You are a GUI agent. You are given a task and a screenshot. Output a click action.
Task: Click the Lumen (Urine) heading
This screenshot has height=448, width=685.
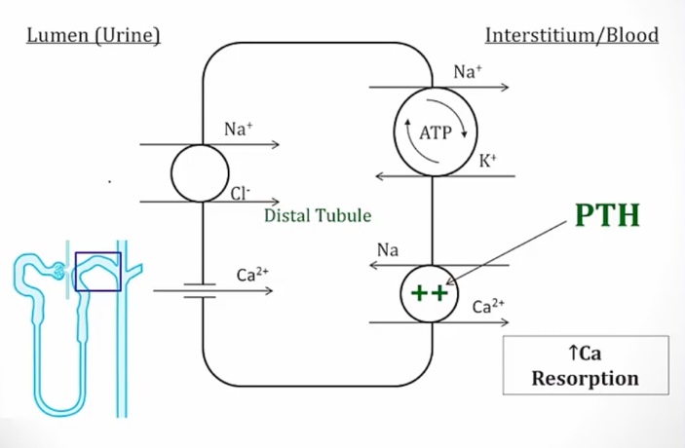click(x=93, y=36)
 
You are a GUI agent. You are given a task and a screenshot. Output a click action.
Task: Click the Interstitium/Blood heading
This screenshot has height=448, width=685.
click(x=571, y=36)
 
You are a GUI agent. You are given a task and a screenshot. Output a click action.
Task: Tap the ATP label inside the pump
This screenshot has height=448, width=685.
click(x=435, y=133)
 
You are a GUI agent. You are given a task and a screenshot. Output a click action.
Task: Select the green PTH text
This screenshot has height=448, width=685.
click(x=606, y=215)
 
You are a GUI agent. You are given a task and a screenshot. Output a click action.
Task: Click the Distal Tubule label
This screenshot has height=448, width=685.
click(x=318, y=214)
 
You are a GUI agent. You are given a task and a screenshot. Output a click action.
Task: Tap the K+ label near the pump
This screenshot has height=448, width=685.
click(x=488, y=162)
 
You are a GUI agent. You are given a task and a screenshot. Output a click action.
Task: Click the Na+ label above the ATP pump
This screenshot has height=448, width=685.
click(x=467, y=72)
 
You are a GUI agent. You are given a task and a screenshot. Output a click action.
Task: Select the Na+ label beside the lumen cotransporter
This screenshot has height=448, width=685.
click(x=238, y=129)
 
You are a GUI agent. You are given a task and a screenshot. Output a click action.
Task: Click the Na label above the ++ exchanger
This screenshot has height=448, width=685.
click(x=388, y=250)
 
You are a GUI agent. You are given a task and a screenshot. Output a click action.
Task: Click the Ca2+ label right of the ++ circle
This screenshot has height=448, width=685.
click(x=489, y=306)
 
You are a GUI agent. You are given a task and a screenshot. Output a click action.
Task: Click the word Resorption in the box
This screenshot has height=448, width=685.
click(x=585, y=378)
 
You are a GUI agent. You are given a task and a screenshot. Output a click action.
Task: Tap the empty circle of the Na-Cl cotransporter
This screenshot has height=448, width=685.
click(x=200, y=173)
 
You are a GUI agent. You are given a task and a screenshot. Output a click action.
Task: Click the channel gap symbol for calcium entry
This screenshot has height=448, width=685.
click(x=200, y=289)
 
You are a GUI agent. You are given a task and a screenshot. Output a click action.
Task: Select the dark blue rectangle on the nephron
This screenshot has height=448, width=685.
click(x=97, y=272)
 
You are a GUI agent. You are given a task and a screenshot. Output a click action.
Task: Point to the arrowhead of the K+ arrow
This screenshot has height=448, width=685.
click(x=380, y=176)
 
